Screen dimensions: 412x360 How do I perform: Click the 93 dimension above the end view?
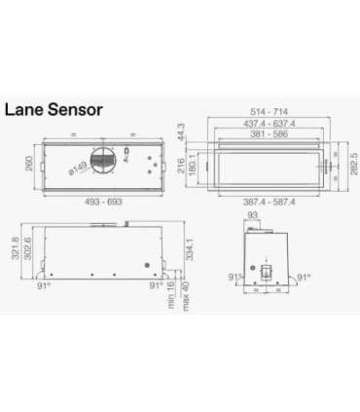[253, 214]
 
